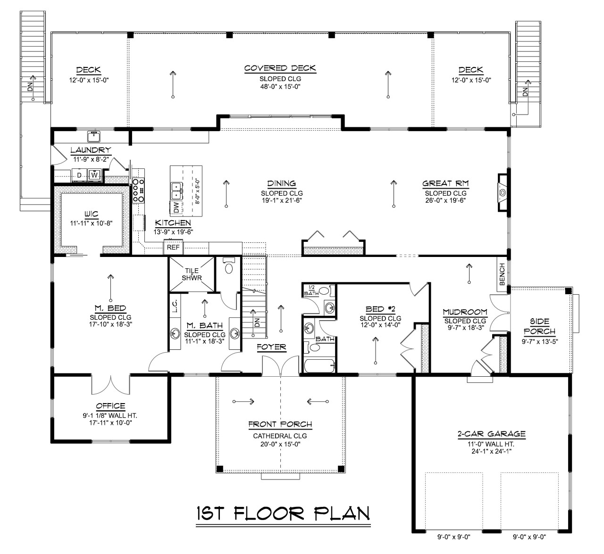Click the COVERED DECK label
pyautogui.click(x=280, y=69)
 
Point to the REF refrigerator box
pyautogui.click(x=173, y=247)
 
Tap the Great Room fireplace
pyautogui.click(x=503, y=192)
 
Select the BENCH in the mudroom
pyautogui.click(x=502, y=274)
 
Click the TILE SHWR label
pyautogui.click(x=192, y=274)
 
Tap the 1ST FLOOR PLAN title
pyautogui.click(x=282, y=513)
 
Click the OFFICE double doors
pyautogui.click(x=110, y=384)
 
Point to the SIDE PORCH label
pyautogui.click(x=539, y=326)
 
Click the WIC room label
pyautogui.click(x=91, y=214)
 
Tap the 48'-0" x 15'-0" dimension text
pyautogui.click(x=280, y=87)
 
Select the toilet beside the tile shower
pyautogui.click(x=228, y=268)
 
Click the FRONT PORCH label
pyautogui.click(x=280, y=424)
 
